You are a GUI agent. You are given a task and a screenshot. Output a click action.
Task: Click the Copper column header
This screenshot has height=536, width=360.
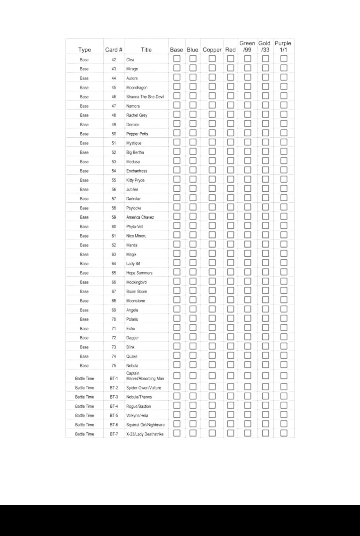212,50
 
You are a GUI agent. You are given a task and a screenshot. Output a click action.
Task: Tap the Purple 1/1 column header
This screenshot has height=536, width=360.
283,46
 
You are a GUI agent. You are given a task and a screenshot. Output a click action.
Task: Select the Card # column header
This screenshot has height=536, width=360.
114,50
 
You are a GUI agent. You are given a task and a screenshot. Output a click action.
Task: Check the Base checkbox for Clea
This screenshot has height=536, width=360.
177,59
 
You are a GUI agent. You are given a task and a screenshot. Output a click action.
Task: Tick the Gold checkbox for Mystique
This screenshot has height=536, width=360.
266,142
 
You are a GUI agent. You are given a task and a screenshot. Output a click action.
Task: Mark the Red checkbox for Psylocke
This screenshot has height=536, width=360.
230,207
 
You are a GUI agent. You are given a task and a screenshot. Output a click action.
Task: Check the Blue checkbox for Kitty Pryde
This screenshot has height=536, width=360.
193,179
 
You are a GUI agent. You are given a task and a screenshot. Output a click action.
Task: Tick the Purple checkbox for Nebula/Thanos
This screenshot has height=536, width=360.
284,396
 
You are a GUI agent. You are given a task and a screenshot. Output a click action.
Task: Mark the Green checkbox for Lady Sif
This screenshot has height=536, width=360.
247,263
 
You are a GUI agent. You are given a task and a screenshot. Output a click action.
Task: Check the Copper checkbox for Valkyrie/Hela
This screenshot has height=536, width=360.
212,414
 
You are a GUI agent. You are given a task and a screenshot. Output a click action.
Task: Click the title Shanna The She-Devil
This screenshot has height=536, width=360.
145,97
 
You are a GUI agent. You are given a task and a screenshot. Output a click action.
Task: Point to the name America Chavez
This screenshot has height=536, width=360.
140,217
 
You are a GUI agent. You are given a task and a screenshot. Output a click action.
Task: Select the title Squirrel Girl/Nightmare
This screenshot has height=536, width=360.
145,425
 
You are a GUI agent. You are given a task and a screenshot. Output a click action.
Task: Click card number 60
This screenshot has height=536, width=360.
114,227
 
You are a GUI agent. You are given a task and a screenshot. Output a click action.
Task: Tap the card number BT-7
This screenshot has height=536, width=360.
114,434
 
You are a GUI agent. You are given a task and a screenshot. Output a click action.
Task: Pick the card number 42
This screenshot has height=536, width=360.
114,60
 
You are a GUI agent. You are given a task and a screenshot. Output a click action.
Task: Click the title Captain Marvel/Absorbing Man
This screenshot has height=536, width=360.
145,376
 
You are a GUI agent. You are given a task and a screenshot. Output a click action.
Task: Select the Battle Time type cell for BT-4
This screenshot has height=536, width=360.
84,406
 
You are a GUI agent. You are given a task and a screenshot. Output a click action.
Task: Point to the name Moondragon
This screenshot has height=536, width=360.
137,88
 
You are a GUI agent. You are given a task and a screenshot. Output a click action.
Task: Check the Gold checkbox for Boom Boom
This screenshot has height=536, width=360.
266,290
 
